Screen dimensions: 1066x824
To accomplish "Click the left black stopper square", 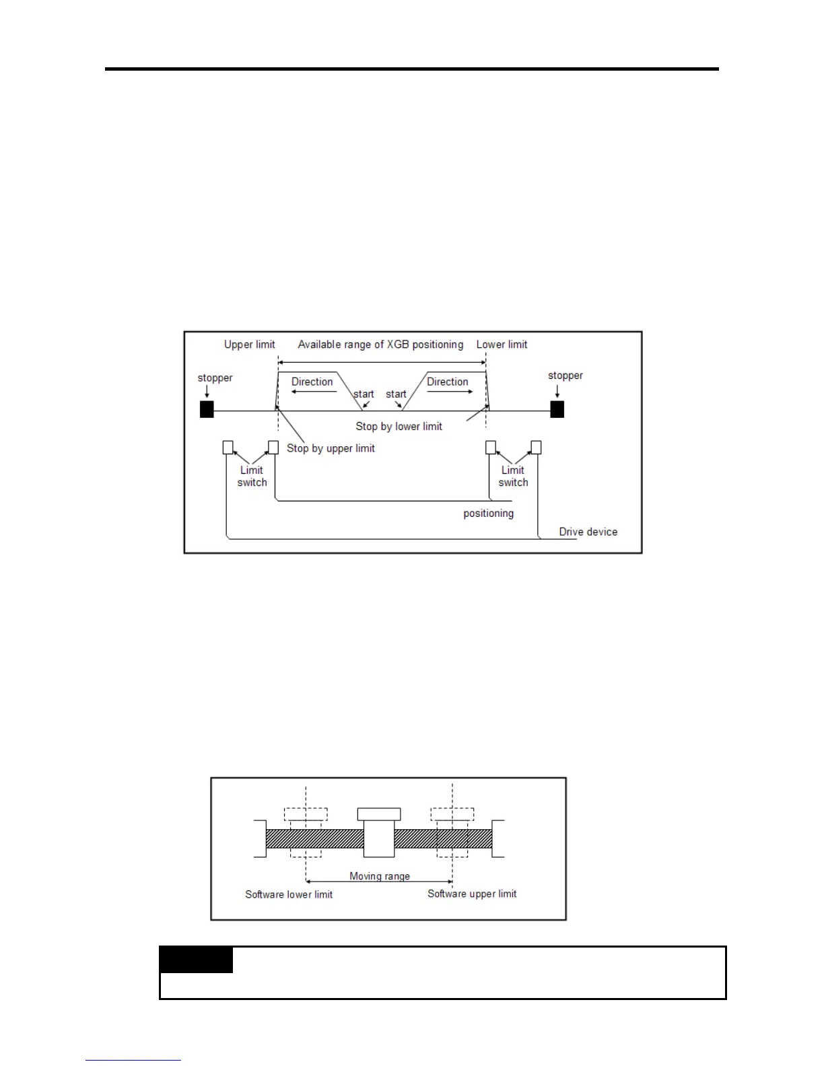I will pos(207,409).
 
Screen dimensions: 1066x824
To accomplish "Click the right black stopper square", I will pos(557,409).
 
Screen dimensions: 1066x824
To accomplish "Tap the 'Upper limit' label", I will pos(249,345).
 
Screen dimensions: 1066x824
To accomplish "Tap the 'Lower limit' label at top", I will pos(502,345).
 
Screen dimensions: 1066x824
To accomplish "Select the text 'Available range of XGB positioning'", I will pos(380,345).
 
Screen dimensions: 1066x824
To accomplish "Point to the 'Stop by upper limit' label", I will pos(331,448).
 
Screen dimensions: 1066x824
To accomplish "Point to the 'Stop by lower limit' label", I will pos(399,426).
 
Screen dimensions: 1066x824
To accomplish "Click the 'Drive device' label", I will pos(588,532).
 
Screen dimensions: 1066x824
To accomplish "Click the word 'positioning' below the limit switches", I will pos(488,513).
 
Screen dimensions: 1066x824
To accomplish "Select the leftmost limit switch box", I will pos(228,448).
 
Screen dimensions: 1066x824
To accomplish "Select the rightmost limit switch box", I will pos(536,448).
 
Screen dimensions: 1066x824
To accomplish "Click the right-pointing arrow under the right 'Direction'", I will pos(450,392).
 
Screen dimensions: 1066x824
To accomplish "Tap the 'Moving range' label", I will pos(380,876).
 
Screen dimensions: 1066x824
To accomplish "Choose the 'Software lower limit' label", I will pos(289,894).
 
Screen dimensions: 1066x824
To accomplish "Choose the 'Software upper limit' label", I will pos(472,894).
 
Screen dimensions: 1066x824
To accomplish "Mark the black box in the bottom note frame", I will pos(196,960).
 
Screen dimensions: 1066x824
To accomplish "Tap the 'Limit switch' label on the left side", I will pos(252,476).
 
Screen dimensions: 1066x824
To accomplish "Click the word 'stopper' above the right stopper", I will pos(565,376).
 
